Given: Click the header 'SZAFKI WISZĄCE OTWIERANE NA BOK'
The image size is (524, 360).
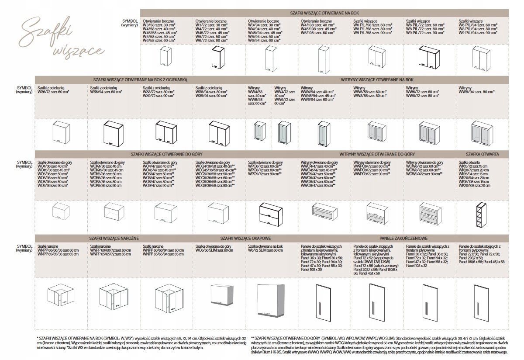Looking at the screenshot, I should tap(324, 14).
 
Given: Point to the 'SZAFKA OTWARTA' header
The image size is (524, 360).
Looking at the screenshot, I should tap(482, 155).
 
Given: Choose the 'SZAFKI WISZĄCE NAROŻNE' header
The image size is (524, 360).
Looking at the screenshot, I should tap(114, 239).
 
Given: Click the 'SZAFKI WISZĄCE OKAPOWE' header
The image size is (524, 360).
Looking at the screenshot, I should tap(246, 239).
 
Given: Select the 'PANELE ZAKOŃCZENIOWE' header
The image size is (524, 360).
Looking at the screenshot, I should tap(403, 239).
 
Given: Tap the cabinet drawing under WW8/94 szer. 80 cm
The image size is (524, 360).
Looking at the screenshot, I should tap(482, 133).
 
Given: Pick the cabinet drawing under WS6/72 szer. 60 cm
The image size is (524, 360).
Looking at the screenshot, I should tap(61, 133).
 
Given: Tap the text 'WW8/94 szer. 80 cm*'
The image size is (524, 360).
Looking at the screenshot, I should tap(476, 92).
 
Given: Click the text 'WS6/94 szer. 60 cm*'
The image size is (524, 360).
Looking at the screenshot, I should tap(106, 92).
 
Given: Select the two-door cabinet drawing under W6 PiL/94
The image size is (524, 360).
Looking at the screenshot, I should tap(482, 59).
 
